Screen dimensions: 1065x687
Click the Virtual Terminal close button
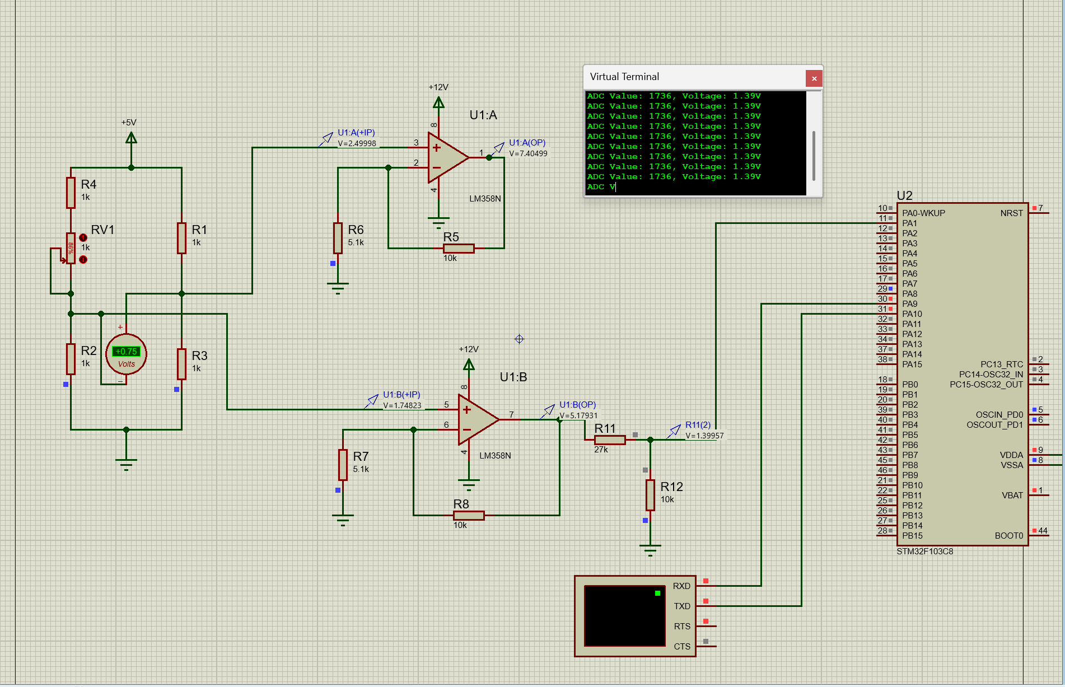coord(814,78)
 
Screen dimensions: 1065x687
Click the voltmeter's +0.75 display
coord(126,352)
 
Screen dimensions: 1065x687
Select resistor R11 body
coord(610,440)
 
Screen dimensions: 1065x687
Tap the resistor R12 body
coord(650,495)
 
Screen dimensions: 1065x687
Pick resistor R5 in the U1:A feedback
coord(459,249)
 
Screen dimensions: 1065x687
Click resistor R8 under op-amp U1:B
coord(469,516)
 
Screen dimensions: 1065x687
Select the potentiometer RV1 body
coord(71,248)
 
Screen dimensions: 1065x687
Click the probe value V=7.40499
coord(528,153)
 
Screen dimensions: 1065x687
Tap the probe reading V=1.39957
coord(704,436)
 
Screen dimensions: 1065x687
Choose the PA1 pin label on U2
coord(909,223)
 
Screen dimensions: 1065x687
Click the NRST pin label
coord(1011,213)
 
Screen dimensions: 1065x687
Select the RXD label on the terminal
coord(681,586)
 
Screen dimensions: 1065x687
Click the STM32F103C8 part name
coord(924,552)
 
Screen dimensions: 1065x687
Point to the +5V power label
coord(129,123)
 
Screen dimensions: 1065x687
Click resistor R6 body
coord(338,238)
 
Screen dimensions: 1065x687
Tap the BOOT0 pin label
coord(1008,536)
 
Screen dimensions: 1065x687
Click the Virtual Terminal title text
coord(624,77)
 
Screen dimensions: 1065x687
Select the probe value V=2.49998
coord(357,143)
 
